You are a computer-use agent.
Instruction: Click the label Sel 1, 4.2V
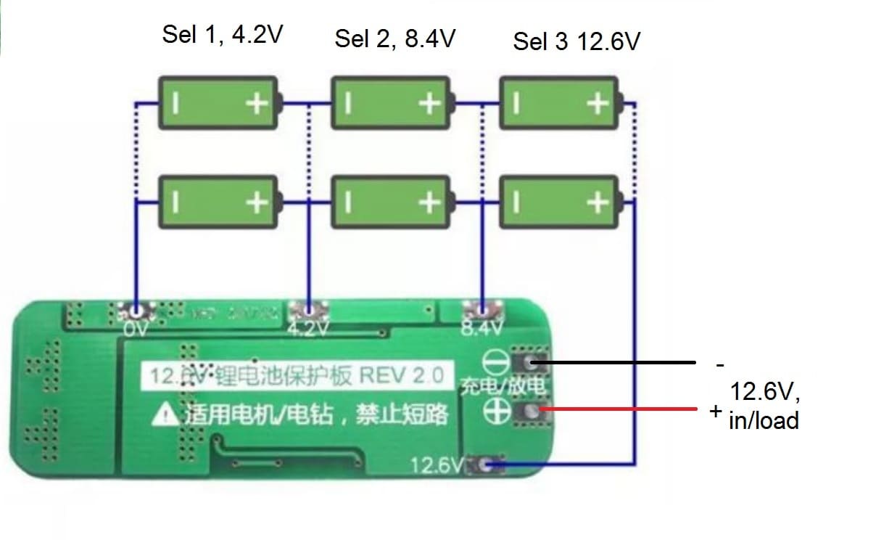[222, 36]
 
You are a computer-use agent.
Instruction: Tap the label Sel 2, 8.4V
[394, 38]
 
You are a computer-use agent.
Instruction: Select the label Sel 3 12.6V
[577, 41]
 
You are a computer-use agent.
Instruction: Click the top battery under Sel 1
[218, 104]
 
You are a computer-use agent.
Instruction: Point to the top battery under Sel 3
[561, 104]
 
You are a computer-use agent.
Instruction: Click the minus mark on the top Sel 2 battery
[349, 104]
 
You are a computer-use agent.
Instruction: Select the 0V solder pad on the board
[136, 313]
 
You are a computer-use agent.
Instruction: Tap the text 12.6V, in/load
[764, 406]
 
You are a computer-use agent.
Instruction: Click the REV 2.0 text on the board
[401, 376]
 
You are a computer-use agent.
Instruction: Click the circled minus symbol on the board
[495, 361]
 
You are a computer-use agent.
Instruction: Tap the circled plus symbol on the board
[495, 412]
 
